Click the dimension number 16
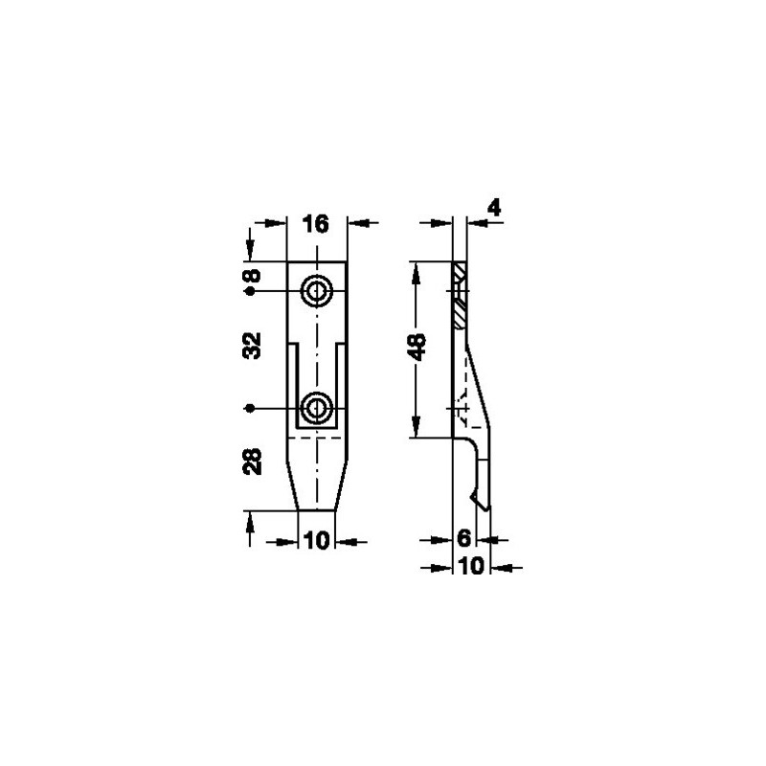click(x=316, y=224)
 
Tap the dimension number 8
click(x=253, y=276)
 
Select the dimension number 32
click(x=252, y=346)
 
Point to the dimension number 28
click(x=252, y=462)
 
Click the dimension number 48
click(x=417, y=348)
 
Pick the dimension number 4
click(x=494, y=208)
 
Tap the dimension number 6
click(x=463, y=538)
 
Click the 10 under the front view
click(x=317, y=541)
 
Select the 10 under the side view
click(x=471, y=566)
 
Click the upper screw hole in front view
click(x=317, y=292)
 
